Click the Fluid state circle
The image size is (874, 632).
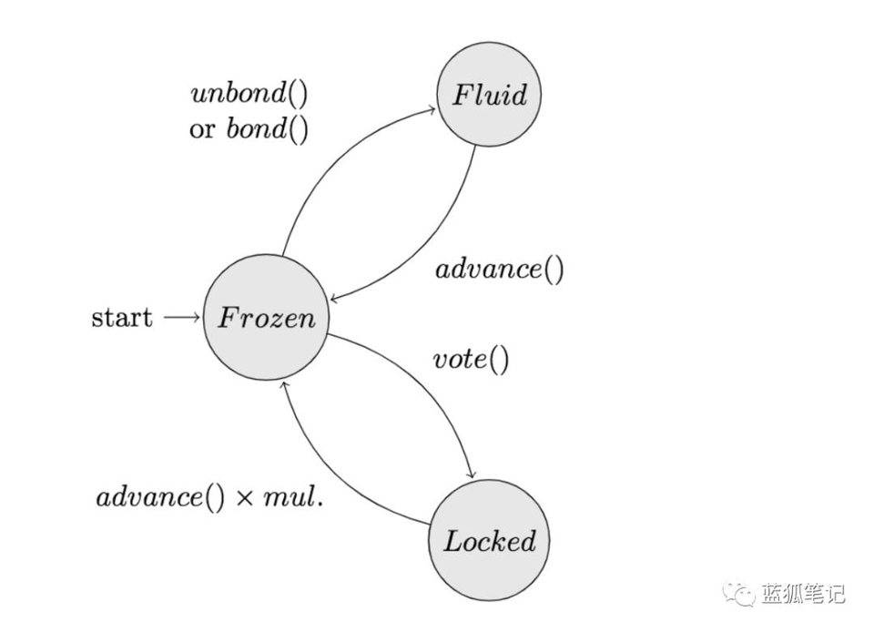(490, 95)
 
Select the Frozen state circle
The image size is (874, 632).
(266, 318)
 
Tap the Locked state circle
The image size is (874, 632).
(490, 541)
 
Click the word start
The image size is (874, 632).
(122, 318)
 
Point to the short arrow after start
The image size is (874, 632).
(181, 318)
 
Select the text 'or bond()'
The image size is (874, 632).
(249, 127)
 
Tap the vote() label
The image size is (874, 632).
(470, 360)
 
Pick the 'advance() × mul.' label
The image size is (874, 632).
(209, 497)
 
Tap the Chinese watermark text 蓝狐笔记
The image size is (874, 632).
(804, 594)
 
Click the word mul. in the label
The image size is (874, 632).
(298, 497)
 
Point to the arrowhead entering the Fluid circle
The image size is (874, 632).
(431, 110)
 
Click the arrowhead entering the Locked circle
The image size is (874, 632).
(472, 475)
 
